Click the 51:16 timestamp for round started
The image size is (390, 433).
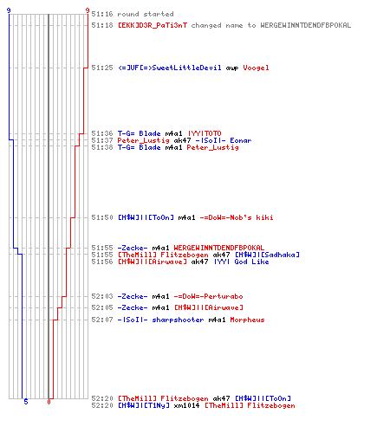coord(102,14)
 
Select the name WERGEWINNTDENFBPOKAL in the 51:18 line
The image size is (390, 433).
coord(306,25)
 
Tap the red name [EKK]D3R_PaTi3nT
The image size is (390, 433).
coord(153,25)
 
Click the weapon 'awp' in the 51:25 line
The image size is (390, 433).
coord(232,68)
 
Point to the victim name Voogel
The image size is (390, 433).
coord(256,68)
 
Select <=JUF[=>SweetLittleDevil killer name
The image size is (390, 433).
coord(170,68)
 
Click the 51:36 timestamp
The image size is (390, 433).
coord(102,133)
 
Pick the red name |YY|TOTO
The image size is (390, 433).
coord(205,133)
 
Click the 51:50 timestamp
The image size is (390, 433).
coord(102,217)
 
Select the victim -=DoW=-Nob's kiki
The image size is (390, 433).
coord(237,217)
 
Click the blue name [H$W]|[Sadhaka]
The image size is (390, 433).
coord(267,255)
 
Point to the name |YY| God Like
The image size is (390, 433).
coord(242,262)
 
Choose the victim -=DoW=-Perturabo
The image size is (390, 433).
coord(208,296)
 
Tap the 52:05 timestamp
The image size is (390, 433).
coord(102,307)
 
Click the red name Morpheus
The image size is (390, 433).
coord(247,320)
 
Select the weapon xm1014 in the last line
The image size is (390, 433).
coord(186,405)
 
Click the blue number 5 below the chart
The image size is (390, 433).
coord(26,402)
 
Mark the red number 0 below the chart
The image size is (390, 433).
coord(49,402)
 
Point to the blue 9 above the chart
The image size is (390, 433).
coord(9,10)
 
